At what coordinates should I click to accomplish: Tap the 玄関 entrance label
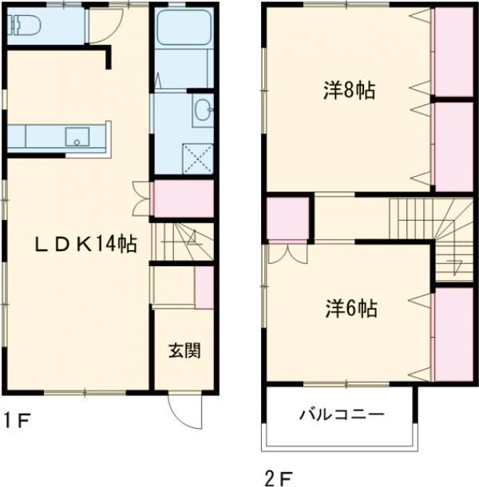[x=184, y=350]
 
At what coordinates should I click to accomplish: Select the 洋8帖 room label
[x=349, y=91]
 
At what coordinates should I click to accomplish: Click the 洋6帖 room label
[x=350, y=306]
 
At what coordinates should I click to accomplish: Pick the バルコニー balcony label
[x=342, y=414]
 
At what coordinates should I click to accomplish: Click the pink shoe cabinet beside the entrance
[x=204, y=289]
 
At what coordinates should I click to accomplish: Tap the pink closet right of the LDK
[x=183, y=199]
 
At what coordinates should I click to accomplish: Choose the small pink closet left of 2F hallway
[x=287, y=218]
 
